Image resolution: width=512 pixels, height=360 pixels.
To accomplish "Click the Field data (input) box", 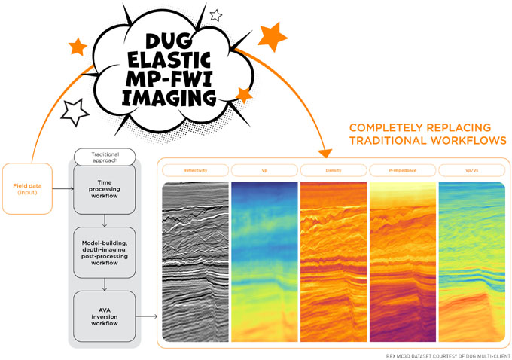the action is click(x=27, y=189).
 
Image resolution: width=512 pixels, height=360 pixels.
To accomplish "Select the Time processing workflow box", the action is click(x=105, y=189).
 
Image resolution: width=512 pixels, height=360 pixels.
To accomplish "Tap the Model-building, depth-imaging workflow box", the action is click(x=105, y=252).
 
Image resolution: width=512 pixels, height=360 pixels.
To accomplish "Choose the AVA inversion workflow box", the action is click(x=105, y=316).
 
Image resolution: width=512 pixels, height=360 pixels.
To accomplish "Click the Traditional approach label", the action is click(x=105, y=157).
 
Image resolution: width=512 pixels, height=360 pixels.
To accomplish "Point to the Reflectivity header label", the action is click(x=195, y=170).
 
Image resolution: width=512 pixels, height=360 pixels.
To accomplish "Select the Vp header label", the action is click(x=264, y=170).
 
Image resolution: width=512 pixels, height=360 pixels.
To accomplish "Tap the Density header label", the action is click(x=334, y=170).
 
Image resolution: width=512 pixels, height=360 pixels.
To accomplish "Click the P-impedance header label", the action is click(x=403, y=170).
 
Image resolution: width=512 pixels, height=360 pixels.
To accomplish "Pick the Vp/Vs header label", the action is click(x=472, y=170).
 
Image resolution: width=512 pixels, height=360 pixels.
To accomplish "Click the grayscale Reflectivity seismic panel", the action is click(x=195, y=262).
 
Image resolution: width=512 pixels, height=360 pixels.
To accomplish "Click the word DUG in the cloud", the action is click(x=169, y=42).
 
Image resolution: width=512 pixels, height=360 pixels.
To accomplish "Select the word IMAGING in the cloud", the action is click(x=169, y=98).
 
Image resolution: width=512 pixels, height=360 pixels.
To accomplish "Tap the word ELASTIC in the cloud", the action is click(x=169, y=61).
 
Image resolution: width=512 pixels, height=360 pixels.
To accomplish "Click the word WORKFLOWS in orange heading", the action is click(x=468, y=141).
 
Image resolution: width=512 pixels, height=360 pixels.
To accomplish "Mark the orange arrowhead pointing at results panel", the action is click(x=325, y=153).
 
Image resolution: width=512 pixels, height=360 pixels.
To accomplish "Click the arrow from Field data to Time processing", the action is click(x=63, y=189).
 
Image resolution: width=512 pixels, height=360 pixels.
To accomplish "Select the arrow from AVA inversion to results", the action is click(x=147, y=316).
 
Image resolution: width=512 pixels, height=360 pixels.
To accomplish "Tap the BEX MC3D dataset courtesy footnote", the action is click(x=449, y=356).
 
